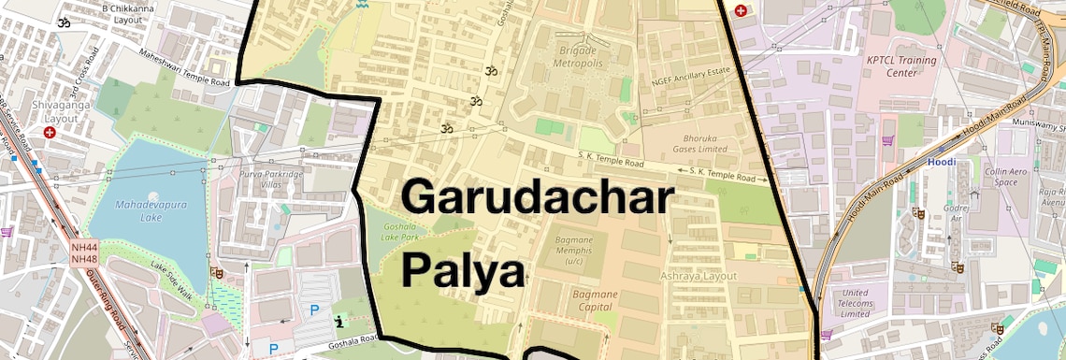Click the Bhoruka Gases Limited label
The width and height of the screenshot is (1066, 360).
pos(699,142)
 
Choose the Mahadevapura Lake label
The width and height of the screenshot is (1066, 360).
pos(138,211)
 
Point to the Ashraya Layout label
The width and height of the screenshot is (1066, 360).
pos(699,276)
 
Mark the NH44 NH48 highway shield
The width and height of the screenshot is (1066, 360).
pos(84,252)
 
